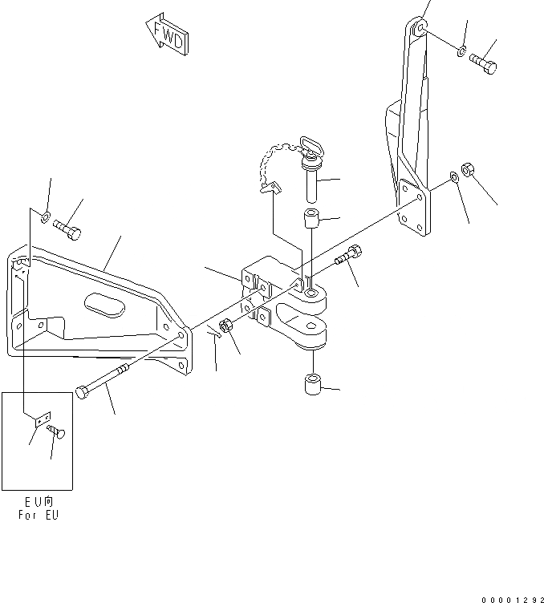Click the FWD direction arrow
point(166,34)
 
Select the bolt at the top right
point(483,61)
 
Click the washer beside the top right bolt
point(461,51)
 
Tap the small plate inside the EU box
point(43,419)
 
